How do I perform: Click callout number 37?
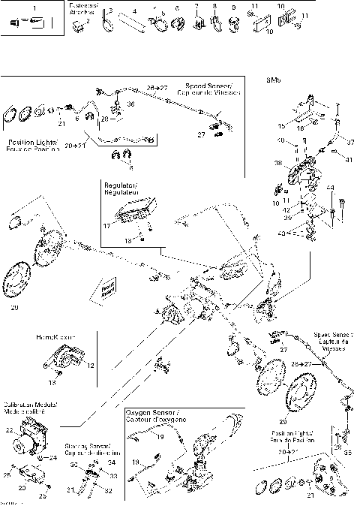349,141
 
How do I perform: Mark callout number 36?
130,104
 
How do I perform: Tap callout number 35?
347,454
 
